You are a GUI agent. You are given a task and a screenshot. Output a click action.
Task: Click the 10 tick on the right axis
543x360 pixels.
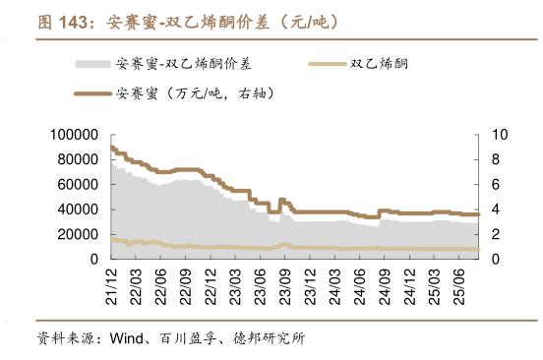click(x=499, y=134)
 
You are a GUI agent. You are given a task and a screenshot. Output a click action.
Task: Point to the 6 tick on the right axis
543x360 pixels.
click(x=496, y=184)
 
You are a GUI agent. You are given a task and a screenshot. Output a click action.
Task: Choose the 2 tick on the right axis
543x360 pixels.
click(x=496, y=234)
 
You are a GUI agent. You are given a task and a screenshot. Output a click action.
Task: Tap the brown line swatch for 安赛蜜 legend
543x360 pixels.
click(x=91, y=94)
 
